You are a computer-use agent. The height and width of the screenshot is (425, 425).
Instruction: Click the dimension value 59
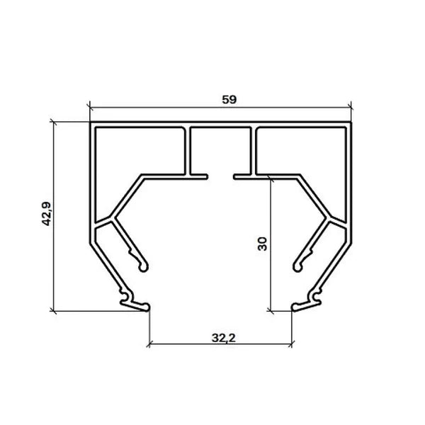point(229,100)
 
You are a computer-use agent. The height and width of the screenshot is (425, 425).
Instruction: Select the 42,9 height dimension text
point(46,214)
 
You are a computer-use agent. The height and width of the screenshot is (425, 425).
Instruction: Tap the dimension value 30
point(262,244)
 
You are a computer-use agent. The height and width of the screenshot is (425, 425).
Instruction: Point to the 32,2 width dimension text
point(224,338)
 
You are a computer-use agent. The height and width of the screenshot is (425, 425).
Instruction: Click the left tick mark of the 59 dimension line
point(90,108)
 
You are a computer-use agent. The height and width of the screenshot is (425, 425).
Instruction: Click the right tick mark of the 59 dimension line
point(351,108)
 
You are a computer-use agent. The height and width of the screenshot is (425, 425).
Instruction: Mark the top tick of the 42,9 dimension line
point(54,123)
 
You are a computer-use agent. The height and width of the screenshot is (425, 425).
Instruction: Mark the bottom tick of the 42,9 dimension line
point(54,311)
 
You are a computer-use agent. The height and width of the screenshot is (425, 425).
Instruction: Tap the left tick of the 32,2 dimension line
point(149,344)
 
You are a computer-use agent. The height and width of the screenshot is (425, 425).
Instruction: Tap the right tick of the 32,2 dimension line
point(292,344)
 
